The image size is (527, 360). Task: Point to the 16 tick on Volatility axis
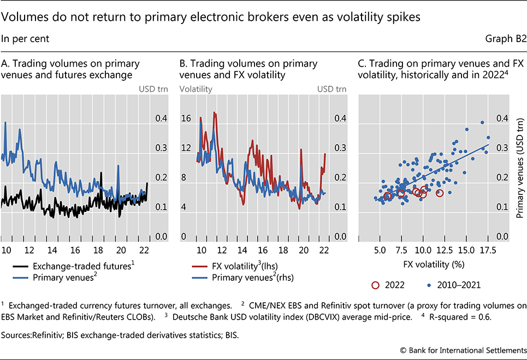186,119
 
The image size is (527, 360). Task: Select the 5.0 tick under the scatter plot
379,251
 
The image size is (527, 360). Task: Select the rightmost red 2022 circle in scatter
440,193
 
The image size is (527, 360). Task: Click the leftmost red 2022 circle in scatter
387,196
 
